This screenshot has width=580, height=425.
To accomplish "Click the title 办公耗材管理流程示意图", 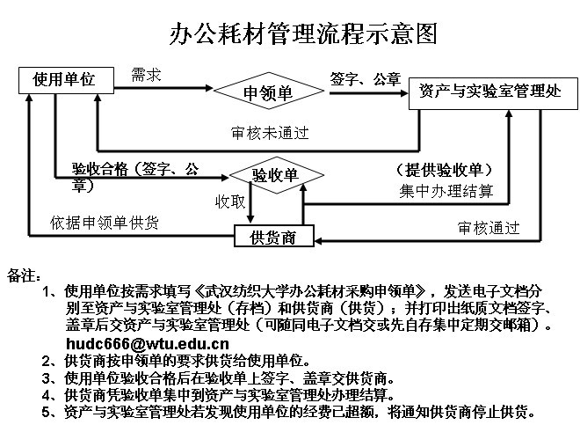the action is [x=303, y=33].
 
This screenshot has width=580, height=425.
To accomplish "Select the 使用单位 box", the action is [x=66, y=80].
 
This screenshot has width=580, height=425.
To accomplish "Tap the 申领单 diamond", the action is [x=269, y=91].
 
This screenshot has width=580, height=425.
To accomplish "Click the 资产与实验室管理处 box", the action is [x=493, y=93].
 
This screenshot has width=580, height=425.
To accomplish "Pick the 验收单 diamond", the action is [x=276, y=175].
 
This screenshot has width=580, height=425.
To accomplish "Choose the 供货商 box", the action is [x=274, y=236].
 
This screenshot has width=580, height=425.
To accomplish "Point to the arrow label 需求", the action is [x=146, y=75].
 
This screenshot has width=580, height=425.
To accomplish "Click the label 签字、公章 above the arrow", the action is [x=366, y=79].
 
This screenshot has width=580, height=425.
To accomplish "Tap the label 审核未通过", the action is [x=270, y=133].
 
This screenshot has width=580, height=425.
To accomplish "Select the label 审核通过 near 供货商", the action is [x=489, y=228].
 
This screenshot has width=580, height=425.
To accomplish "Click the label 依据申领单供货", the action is [x=105, y=223].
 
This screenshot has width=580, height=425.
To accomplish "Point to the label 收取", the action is [x=230, y=202].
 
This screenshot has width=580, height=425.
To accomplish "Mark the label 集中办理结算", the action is [x=446, y=191].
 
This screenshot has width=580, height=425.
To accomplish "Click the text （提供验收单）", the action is [x=445, y=170].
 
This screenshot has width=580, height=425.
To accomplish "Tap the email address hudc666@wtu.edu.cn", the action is [x=148, y=343].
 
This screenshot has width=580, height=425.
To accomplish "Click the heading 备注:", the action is [x=24, y=275].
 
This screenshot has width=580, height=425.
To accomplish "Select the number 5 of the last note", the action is [x=46, y=411].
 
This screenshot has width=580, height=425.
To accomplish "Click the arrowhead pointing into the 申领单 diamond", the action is [x=209, y=88].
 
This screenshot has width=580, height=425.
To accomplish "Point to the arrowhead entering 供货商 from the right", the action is [x=318, y=241].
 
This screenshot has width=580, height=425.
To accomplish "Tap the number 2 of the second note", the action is [x=46, y=361].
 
